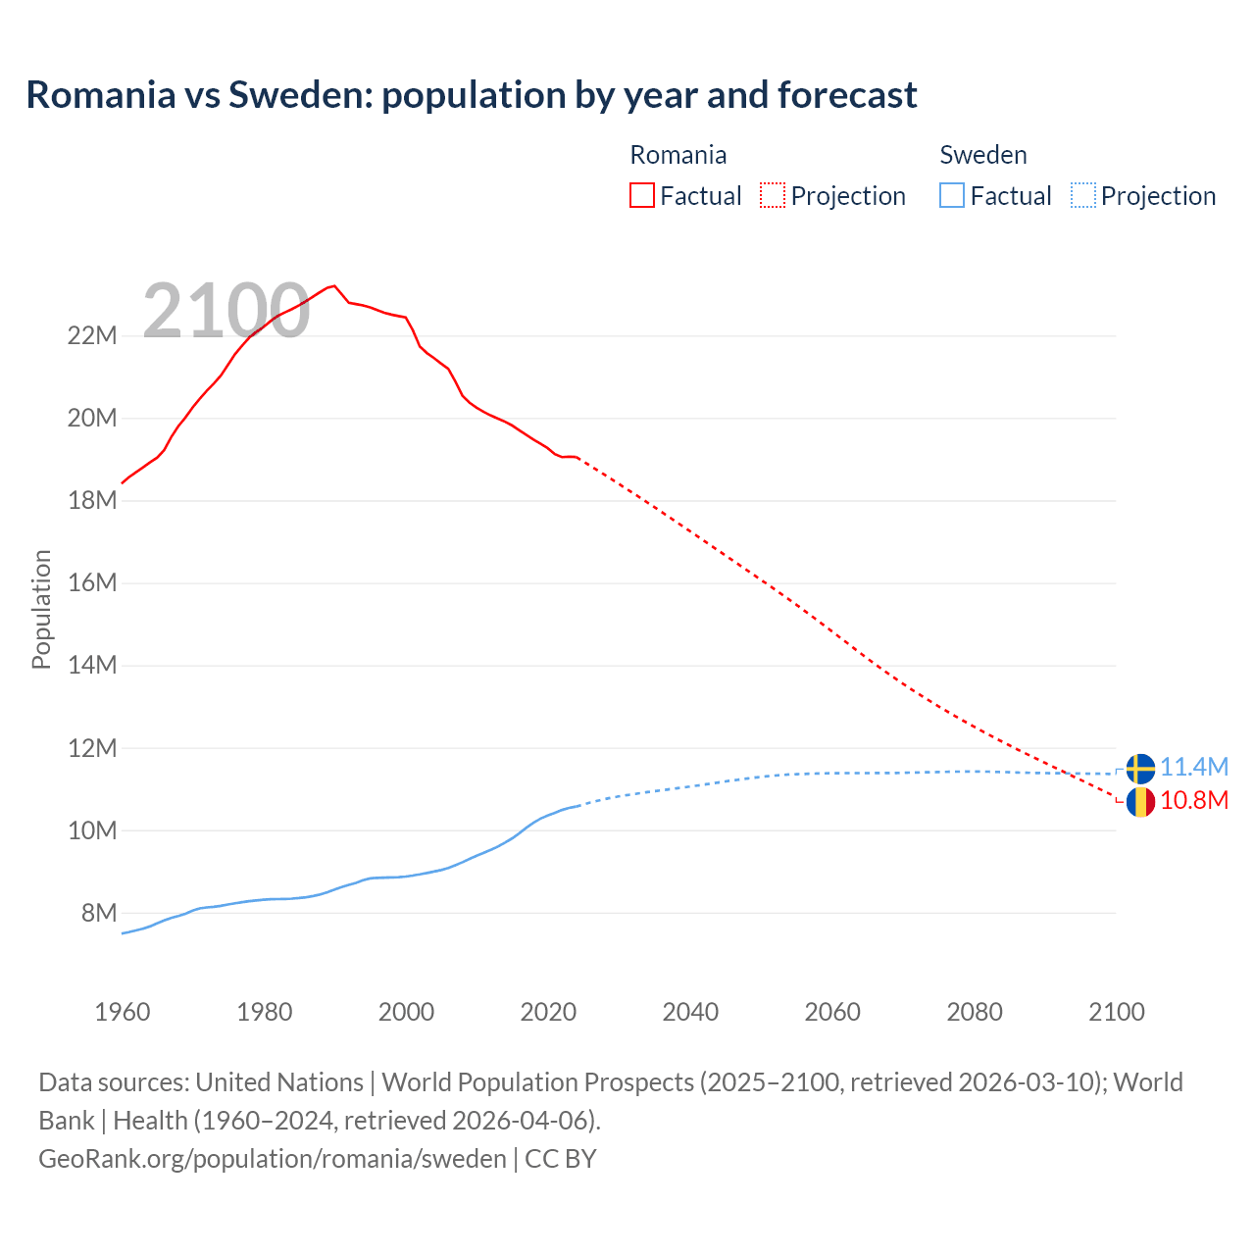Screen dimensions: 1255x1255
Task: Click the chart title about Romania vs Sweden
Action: pos(472,95)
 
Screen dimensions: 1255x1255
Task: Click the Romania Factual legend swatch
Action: pos(642,195)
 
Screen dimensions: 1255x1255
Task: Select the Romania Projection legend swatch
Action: pos(773,195)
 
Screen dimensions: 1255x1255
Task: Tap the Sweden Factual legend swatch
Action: pos(952,195)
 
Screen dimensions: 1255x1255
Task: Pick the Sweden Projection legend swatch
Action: pos(1083,195)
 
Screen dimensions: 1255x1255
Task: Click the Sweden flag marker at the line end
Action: pos(1140,769)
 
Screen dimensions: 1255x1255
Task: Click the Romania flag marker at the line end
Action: pos(1140,802)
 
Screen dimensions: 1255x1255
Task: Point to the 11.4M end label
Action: pos(1194,767)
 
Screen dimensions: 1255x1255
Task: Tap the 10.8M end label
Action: pos(1194,801)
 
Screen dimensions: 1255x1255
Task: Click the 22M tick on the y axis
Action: pos(92,336)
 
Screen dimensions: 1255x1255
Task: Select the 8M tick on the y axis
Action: pos(99,913)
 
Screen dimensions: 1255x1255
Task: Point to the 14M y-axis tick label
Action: pos(92,666)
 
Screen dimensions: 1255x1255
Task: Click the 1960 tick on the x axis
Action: pos(123,1012)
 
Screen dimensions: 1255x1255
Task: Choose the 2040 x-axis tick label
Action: pos(690,1012)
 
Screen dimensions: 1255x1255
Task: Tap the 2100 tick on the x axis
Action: pos(1116,1012)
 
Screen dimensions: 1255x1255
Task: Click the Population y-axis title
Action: pos(41,609)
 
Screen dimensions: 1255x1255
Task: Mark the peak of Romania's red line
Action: pos(334,286)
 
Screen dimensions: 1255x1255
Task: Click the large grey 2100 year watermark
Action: pos(226,312)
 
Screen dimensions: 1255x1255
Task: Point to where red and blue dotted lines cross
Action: pos(1072,773)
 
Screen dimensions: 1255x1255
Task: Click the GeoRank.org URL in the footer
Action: pos(273,1159)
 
